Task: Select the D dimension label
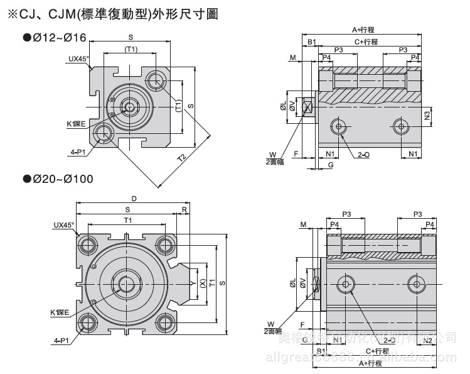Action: pyautogui.click(x=134, y=199)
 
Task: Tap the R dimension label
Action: pyautogui.click(x=184, y=209)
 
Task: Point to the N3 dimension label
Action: pyautogui.click(x=427, y=115)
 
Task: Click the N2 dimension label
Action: pyautogui.click(x=427, y=340)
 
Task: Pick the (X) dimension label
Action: pyautogui.click(x=201, y=283)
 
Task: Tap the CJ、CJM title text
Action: pyautogui.click(x=113, y=13)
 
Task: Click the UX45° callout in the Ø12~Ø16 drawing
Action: pyautogui.click(x=79, y=59)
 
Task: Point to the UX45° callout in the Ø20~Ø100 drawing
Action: pyautogui.click(x=63, y=224)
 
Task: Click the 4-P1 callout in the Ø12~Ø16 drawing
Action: pyautogui.click(x=78, y=151)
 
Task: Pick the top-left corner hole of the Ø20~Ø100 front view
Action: pyautogui.click(x=87, y=244)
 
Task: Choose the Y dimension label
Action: pyautogui.click(x=191, y=283)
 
